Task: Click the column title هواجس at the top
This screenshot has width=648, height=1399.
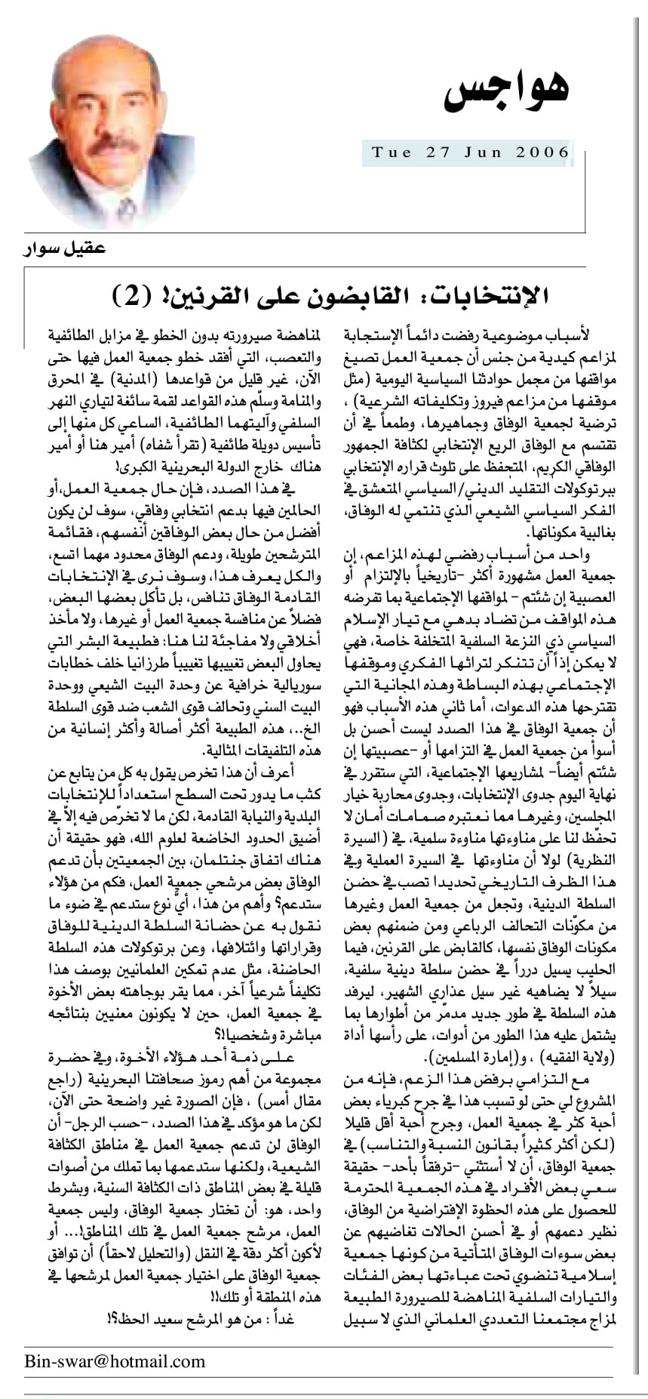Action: point(506,91)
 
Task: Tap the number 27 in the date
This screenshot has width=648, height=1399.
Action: point(438,152)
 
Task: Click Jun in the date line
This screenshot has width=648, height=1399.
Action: point(487,152)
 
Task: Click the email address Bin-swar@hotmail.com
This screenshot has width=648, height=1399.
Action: point(115,1361)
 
